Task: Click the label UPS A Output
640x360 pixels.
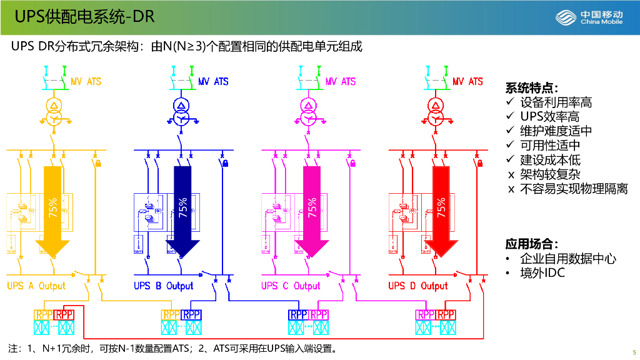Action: point(36,286)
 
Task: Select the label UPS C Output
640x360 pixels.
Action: point(291,286)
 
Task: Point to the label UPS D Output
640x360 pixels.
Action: point(418,286)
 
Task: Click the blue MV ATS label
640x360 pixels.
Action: point(213,82)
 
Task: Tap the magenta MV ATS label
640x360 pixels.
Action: point(341,82)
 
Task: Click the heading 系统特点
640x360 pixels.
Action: point(532,87)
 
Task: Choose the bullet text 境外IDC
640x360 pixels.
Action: point(542,273)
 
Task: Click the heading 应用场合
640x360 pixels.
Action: point(532,244)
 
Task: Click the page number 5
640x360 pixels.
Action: point(634,351)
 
